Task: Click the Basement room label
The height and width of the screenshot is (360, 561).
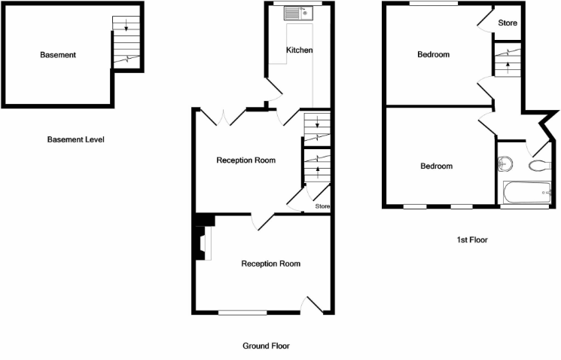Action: (x=59, y=55)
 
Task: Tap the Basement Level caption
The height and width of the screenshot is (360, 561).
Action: (x=75, y=139)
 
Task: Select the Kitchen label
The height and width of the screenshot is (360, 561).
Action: (x=299, y=50)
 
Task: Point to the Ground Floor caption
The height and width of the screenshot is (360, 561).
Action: (x=266, y=346)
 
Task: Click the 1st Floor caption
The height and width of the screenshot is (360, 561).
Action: (x=472, y=239)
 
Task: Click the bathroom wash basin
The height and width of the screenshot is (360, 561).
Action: (x=506, y=164)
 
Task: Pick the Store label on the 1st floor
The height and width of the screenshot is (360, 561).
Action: (x=508, y=23)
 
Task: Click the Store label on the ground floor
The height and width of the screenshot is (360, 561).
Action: (x=322, y=206)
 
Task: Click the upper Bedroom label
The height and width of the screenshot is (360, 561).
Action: (x=434, y=54)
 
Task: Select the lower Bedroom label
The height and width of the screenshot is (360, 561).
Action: (x=436, y=166)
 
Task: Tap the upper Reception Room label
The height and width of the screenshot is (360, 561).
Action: (x=245, y=160)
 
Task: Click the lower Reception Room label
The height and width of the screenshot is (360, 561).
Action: (x=270, y=264)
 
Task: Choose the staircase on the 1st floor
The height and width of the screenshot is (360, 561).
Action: (x=508, y=60)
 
